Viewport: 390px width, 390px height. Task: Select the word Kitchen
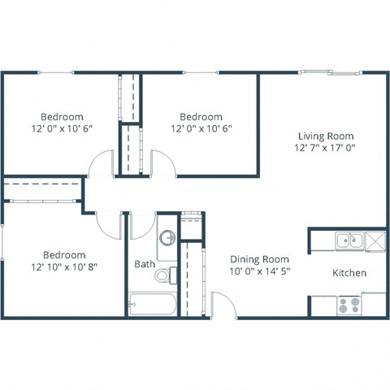pyautogui.click(x=349, y=273)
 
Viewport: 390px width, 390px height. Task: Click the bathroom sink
pyautogui.click(x=167, y=238)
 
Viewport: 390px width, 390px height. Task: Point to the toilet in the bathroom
pyautogui.click(x=163, y=275)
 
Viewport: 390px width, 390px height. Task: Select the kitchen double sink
pyautogui.click(x=350, y=240)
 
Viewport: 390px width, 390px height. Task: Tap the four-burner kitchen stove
pyautogui.click(x=350, y=305)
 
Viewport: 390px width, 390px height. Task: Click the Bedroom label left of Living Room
pyautogui.click(x=201, y=116)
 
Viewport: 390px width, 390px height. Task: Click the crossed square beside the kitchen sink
pyautogui.click(x=375, y=240)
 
